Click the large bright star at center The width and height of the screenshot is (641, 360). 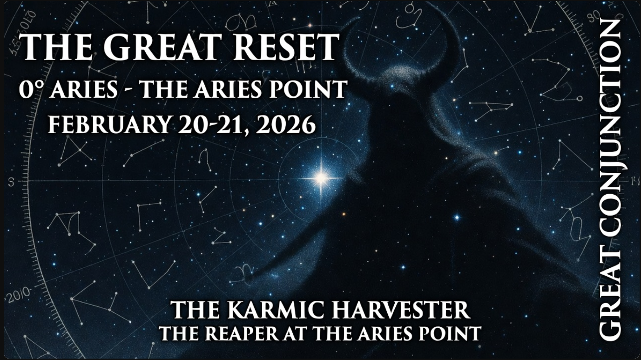pos(321,177)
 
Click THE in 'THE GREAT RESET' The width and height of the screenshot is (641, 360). pos(49,47)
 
